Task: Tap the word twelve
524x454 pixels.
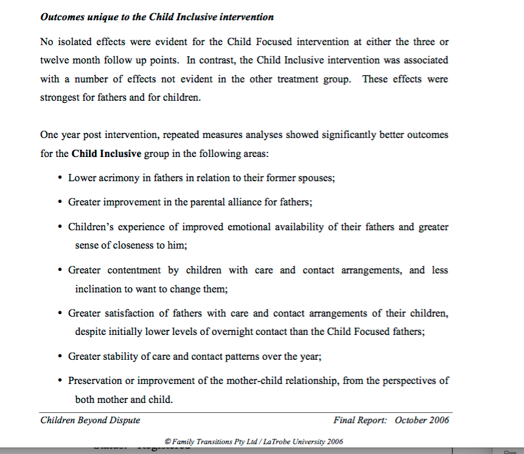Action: [55, 60]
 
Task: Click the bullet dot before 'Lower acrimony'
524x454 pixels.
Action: [60, 178]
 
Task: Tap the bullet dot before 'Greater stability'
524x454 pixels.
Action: [60, 357]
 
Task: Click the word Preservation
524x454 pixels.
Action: [96, 381]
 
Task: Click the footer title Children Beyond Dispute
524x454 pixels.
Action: [90, 420]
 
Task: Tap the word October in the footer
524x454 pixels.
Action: [413, 420]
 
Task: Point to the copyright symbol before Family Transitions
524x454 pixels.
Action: [168, 442]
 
